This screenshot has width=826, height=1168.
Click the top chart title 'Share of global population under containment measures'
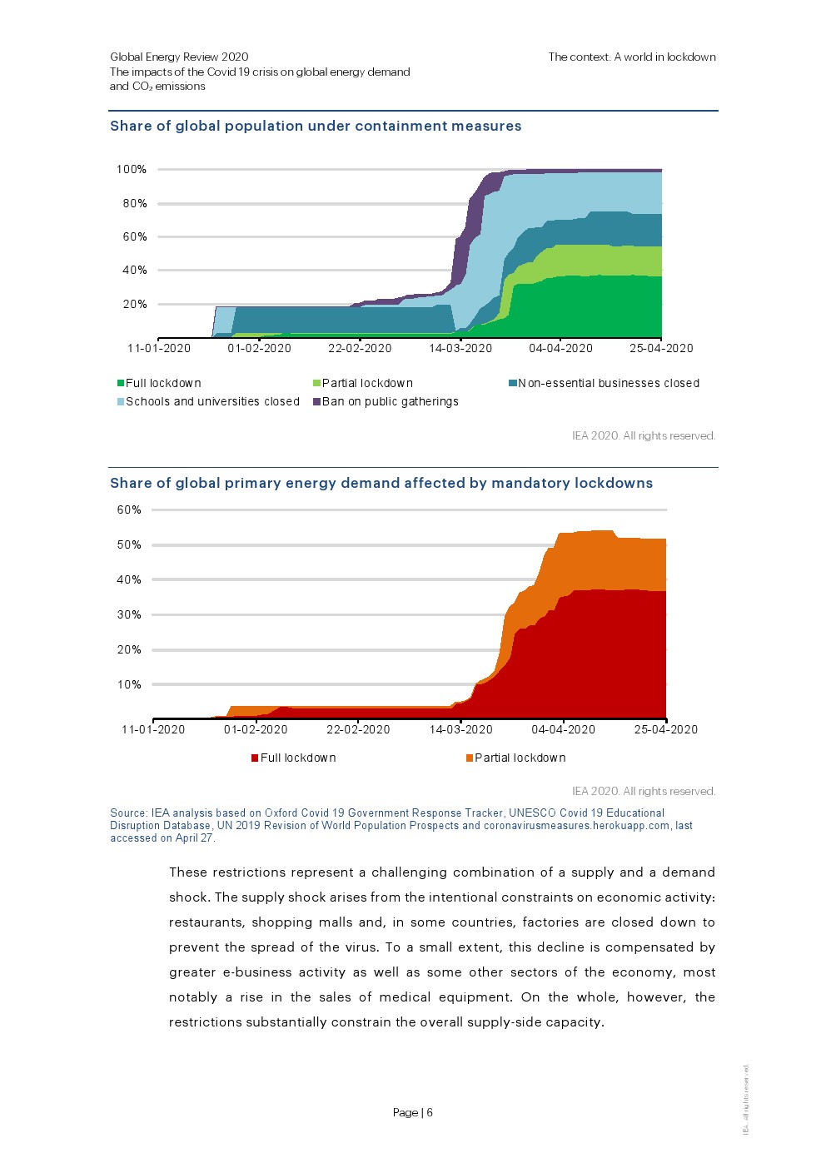click(x=316, y=127)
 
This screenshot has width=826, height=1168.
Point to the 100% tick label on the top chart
click(x=132, y=169)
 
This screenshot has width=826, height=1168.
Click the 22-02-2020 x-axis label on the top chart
click(x=360, y=348)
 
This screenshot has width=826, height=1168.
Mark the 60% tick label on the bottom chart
click(x=129, y=509)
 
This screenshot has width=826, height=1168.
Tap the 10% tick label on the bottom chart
click(x=129, y=684)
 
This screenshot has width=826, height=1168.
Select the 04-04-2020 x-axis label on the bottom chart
click(x=564, y=729)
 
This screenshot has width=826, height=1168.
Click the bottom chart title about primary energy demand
click(x=381, y=483)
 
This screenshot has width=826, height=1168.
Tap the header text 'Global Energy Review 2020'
click(x=179, y=57)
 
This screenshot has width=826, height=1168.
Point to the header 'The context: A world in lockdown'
click(x=632, y=57)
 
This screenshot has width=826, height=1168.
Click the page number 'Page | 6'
click(x=413, y=1112)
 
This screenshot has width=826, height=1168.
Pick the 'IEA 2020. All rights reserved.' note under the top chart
click(x=644, y=435)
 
